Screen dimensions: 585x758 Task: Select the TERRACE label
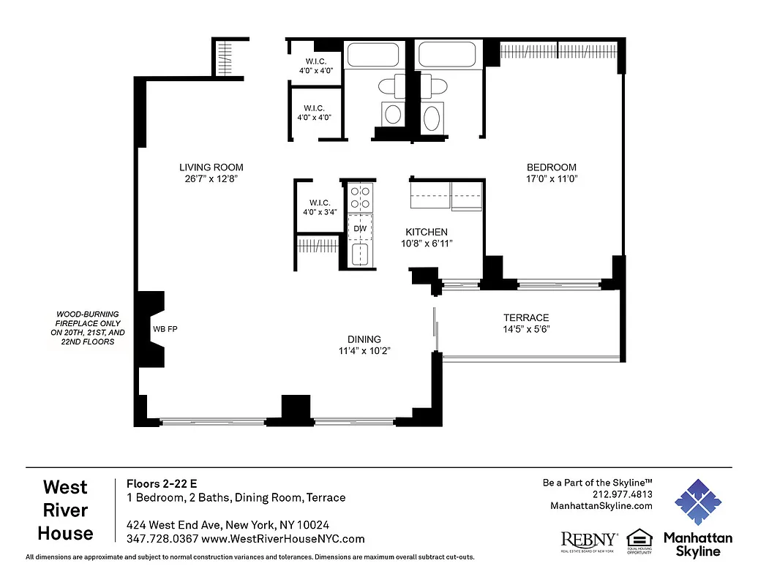tap(525, 317)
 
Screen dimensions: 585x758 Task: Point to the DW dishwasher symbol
tap(359, 228)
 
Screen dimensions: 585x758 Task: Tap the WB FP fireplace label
tap(165, 329)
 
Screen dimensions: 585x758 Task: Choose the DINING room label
tap(364, 339)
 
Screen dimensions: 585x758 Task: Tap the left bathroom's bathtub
tap(372, 56)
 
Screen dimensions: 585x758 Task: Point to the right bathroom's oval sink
tap(433, 117)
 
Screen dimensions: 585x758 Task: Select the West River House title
tap(65, 510)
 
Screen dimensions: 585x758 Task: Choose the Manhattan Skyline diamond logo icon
tap(697, 502)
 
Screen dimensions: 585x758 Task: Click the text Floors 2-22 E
tap(162, 483)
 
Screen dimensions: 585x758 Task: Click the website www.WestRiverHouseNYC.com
tap(282, 539)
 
